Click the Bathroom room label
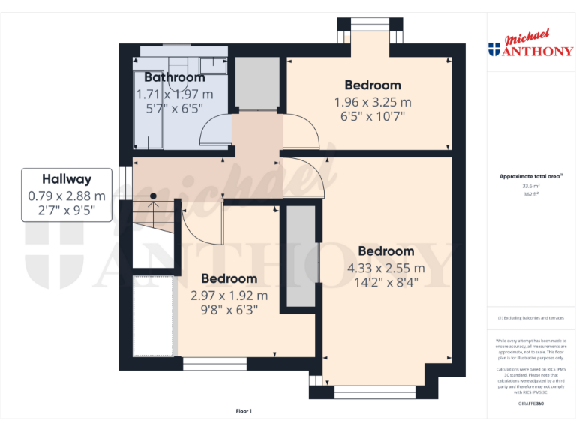174,77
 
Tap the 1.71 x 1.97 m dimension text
174,94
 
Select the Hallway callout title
67,179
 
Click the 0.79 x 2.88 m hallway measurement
67,196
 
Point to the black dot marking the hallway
153,196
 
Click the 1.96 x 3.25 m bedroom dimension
373,102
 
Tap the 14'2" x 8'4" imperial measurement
385,283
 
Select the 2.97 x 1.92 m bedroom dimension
229,295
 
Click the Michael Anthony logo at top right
530,44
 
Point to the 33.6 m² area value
530,186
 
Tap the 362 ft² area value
530,193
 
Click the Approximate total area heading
530,177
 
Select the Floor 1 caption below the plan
244,411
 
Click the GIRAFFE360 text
530,403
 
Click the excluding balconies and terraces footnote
530,318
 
